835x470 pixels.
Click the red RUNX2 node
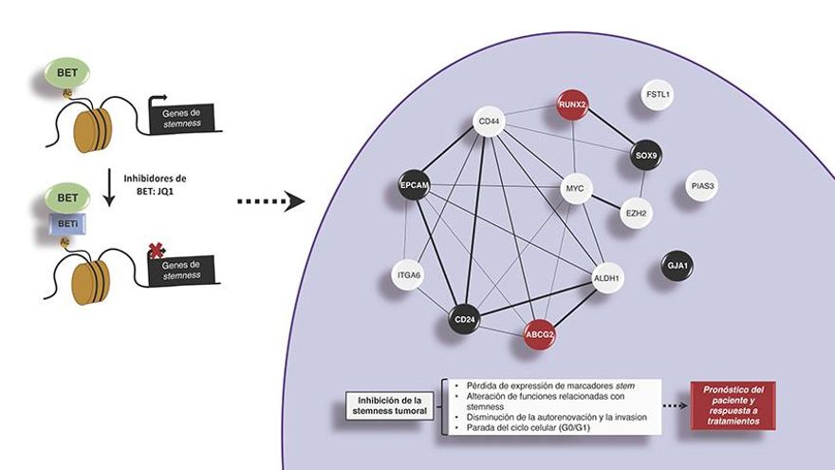574,109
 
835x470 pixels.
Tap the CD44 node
488,122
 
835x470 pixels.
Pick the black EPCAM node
416,185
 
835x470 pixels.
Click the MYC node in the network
574,189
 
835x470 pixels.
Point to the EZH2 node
635,214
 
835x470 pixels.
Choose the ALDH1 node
606,277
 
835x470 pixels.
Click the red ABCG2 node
540,334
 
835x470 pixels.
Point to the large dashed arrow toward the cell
269,201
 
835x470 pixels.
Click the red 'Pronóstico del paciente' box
733,405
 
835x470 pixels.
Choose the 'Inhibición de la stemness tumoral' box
388,404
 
